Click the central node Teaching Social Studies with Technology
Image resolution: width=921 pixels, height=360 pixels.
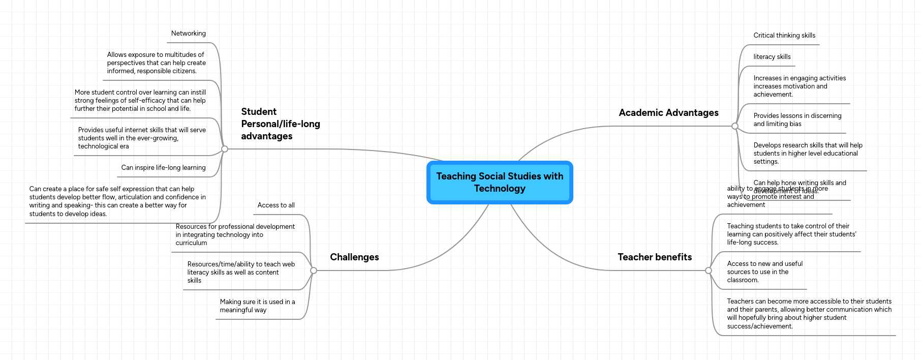[500, 182]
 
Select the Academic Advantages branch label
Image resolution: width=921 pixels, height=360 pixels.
[668, 112]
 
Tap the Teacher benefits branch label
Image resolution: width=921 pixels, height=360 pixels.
[655, 257]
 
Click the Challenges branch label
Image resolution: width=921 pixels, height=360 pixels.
[354, 257]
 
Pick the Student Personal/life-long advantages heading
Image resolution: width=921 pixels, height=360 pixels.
[280, 124]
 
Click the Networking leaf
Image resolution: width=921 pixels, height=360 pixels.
[188, 34]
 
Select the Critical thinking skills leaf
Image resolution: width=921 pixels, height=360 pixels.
[784, 36]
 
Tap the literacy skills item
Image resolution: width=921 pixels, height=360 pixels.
[772, 57]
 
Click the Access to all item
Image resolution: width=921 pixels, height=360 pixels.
[276, 205]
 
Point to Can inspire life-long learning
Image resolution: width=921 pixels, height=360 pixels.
[163, 168]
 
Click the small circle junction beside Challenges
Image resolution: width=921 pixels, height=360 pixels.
[314, 271]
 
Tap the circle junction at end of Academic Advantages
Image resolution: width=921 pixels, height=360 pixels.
[735, 126]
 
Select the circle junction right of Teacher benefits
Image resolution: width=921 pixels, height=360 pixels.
[709, 271]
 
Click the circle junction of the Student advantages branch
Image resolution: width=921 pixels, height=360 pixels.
[225, 149]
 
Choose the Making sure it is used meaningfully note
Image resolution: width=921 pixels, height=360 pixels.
[257, 306]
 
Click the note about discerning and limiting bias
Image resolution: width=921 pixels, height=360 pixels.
[797, 120]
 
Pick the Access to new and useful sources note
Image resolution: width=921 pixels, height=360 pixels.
[764, 272]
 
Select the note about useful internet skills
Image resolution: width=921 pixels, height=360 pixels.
[141, 138]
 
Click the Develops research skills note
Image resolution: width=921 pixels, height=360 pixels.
[807, 154]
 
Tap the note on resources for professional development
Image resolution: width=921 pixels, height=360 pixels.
[235, 235]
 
